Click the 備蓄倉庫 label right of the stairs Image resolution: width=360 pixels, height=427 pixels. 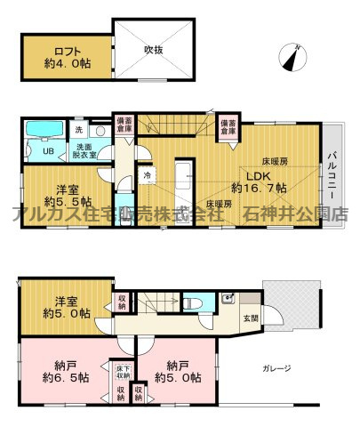(x=228, y=125)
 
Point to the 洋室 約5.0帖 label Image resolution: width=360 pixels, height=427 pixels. (x=65, y=306)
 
